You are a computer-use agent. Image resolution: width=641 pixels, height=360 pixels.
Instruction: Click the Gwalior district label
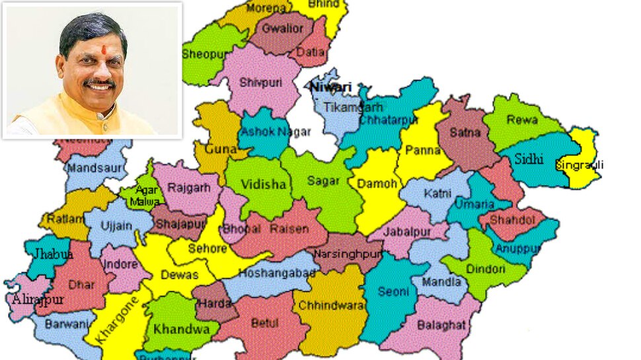point(283,29)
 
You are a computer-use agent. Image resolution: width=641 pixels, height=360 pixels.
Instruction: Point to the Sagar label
point(323,180)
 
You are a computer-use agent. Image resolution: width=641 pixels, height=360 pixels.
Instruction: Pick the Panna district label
point(423,151)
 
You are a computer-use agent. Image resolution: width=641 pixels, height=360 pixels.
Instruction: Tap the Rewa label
point(521,120)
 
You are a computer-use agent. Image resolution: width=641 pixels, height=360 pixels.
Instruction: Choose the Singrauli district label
point(580,164)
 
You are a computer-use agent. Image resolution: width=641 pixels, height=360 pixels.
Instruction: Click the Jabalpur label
point(408,232)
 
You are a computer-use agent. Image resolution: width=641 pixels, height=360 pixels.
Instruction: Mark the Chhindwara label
point(331,306)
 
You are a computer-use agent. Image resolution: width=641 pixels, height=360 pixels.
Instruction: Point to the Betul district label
point(264,323)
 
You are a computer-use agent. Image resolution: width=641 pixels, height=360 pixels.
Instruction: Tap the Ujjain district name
point(116,226)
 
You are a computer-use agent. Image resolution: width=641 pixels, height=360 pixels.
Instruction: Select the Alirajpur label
point(37,299)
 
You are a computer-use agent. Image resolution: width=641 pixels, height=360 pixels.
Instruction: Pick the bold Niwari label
point(331,87)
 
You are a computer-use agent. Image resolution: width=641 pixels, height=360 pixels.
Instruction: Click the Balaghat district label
point(441,325)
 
